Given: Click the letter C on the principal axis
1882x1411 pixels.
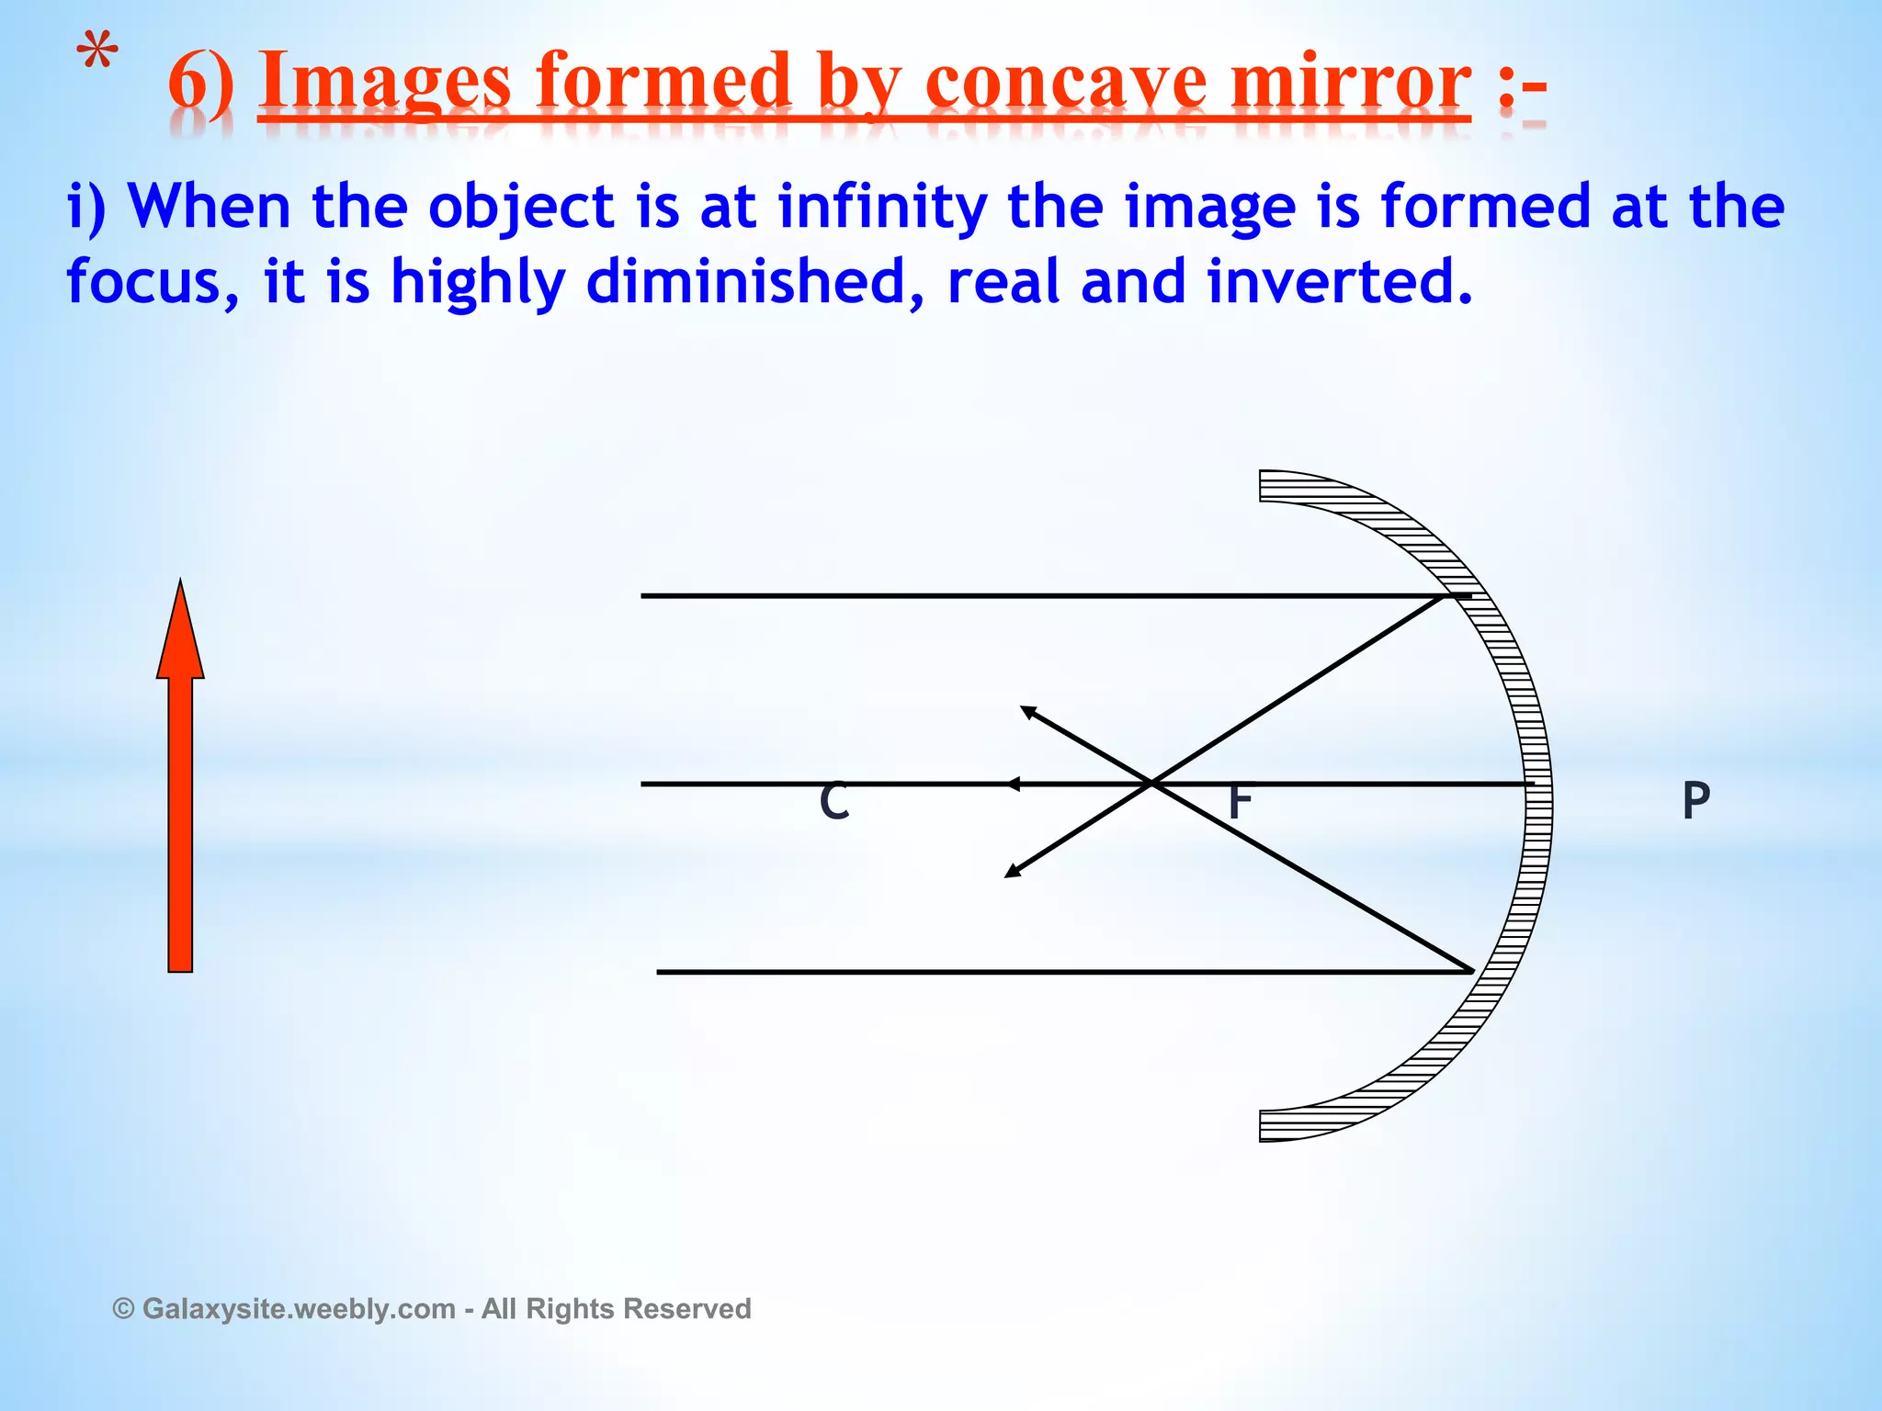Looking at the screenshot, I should click(834, 801).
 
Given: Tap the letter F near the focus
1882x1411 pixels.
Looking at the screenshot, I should click(1240, 802).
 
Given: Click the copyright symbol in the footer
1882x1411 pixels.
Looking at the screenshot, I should click(124, 1308).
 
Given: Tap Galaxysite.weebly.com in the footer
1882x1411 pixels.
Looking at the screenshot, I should click(299, 1308).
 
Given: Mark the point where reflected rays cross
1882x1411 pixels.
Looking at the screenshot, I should click(1151, 784).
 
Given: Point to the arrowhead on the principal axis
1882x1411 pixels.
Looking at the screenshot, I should click(1012, 784).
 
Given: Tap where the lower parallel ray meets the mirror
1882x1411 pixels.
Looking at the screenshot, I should click(1472, 971).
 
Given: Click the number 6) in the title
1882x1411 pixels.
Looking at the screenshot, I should click(200, 85).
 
